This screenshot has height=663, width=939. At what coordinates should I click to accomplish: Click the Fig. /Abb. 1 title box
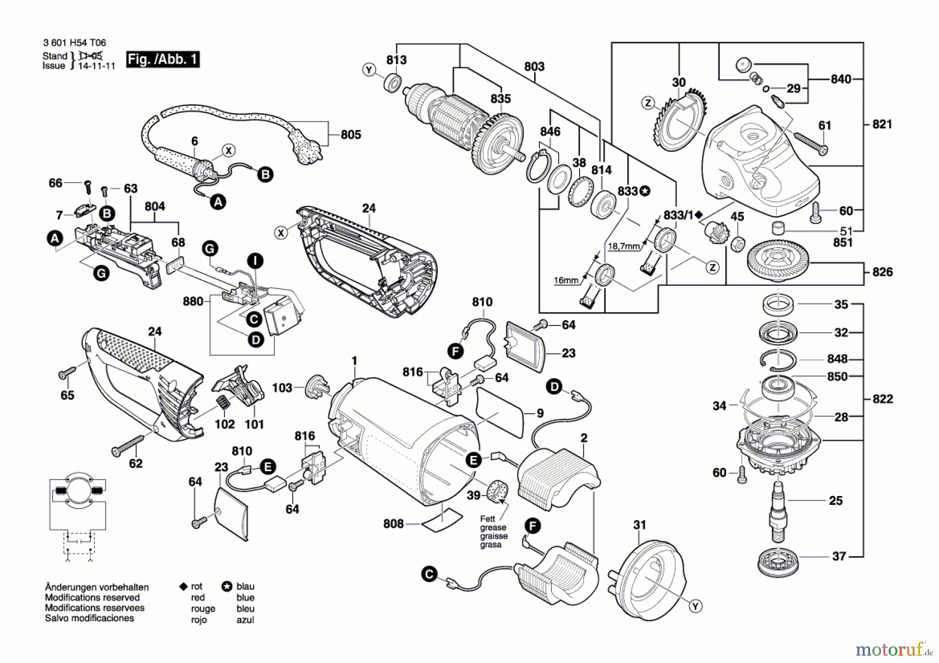coord(163,59)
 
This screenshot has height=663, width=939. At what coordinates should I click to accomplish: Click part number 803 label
coord(534,67)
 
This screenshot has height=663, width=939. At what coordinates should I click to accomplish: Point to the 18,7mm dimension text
coord(623,246)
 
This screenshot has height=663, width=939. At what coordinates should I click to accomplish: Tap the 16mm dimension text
coord(565,281)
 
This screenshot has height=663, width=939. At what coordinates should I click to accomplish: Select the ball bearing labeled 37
coord(777,562)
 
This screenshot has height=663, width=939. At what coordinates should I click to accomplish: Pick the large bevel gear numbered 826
coord(777,260)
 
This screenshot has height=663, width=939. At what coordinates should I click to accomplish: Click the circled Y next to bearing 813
coord(369,70)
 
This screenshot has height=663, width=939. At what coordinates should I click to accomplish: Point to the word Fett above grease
coord(487,519)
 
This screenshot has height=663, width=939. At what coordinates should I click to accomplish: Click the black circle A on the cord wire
coord(218,202)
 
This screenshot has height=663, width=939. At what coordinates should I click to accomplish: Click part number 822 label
coord(883,399)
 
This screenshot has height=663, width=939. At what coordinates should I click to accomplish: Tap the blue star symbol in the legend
coord(227,586)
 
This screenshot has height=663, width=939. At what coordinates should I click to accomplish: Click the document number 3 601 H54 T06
coord(74,43)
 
